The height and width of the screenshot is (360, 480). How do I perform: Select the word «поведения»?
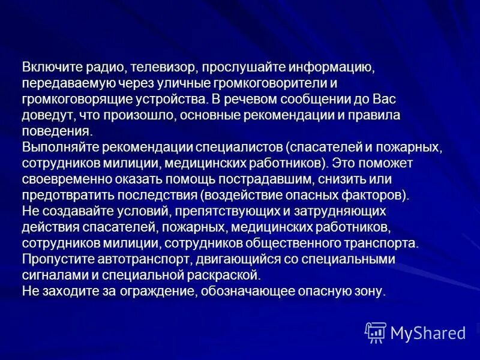point(57,131)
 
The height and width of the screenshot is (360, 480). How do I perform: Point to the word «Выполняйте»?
point(60,147)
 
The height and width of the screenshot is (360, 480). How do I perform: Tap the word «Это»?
point(346,163)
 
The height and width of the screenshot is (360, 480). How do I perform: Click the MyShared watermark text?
point(428,332)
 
